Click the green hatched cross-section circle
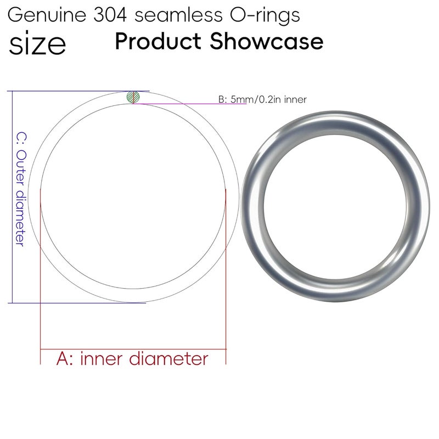[133, 97]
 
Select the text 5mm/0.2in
[256, 100]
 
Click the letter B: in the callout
[222, 100]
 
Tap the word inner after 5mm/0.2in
[295, 100]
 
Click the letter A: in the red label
[66, 359]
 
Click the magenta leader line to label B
[181, 103]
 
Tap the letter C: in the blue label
[20, 137]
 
